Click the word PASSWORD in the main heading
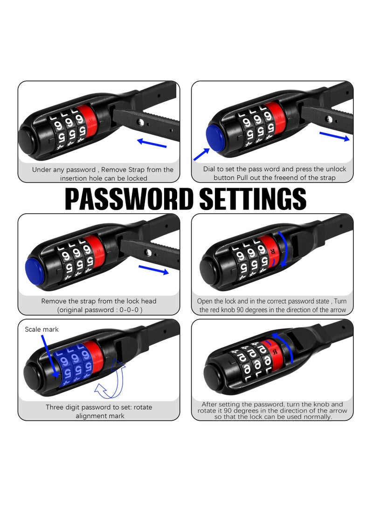pos(130,199)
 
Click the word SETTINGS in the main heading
pos(253,199)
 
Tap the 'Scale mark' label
pos(42,329)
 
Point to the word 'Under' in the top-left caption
pos(41,170)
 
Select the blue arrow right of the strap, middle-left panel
pos(153,270)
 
